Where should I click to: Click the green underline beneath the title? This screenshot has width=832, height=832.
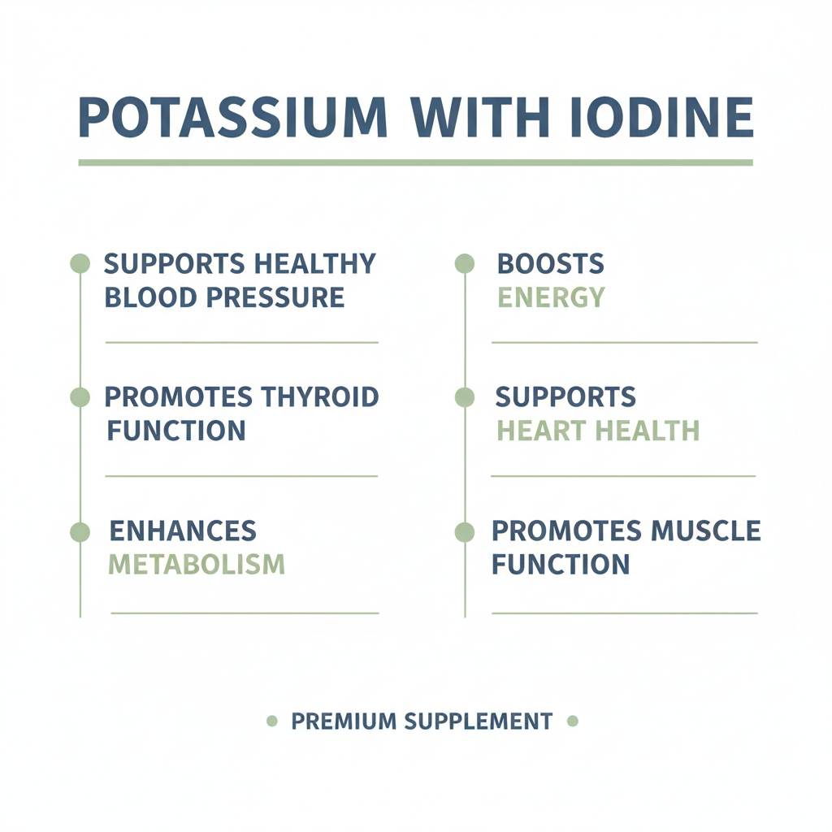click(415, 162)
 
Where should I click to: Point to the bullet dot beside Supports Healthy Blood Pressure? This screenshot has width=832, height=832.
click(80, 263)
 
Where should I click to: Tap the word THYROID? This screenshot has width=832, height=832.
click(320, 397)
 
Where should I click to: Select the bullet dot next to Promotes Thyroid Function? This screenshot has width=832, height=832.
click(80, 397)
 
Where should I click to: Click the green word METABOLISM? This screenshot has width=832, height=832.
click(197, 564)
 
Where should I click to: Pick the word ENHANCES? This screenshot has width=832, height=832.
click(183, 531)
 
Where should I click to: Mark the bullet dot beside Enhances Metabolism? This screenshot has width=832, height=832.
click(80, 532)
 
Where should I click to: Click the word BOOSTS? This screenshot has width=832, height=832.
click(550, 264)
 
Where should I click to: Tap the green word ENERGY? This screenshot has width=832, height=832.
click(551, 297)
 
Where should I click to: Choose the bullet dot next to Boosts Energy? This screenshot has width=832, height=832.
click(464, 263)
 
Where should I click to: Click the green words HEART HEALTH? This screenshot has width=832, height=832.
click(598, 431)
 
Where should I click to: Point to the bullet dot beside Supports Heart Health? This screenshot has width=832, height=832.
click(464, 397)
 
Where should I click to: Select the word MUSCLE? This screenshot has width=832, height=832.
click(705, 531)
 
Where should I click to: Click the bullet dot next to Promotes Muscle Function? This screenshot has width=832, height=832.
click(464, 532)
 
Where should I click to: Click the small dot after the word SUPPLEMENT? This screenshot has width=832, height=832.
click(572, 721)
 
